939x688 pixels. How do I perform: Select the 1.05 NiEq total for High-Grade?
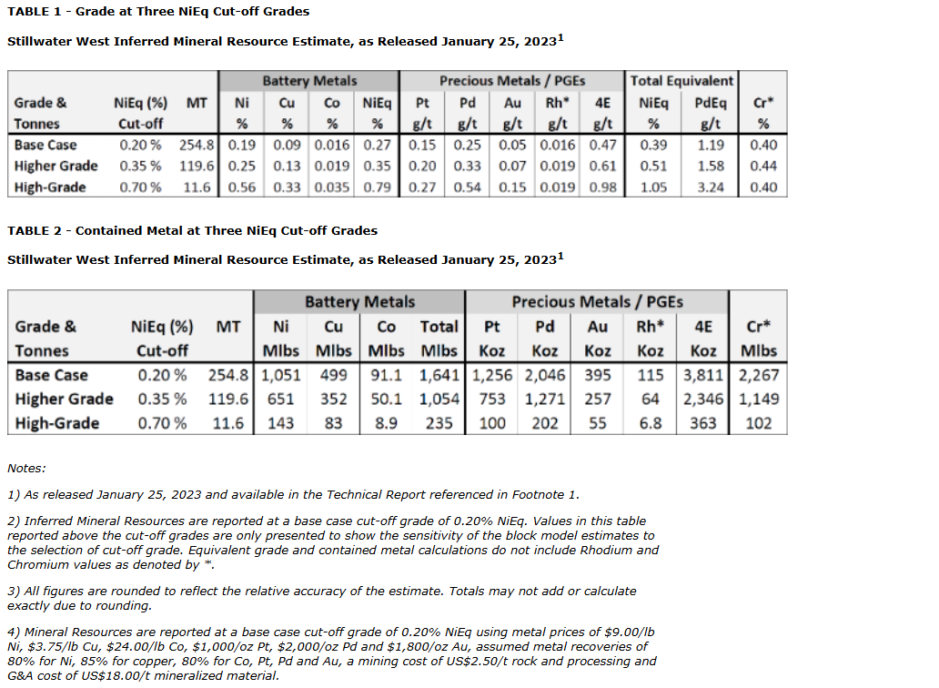pos(654,187)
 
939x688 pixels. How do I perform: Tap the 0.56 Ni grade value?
pos(242,187)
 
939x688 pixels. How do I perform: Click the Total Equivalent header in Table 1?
pos(682,81)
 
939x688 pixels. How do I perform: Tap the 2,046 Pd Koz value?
pos(544,375)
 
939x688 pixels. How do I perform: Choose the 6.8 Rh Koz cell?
pos(651,423)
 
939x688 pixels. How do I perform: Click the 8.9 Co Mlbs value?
pos(386,423)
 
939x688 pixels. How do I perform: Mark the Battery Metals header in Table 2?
pos(359,302)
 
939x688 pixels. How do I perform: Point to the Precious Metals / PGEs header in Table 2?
pos(597,302)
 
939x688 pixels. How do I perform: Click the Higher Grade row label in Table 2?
pos(65,399)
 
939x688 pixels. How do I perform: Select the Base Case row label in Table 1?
pos(45,145)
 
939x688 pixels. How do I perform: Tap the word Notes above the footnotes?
pos(26,469)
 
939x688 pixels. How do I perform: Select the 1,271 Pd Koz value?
pos(544,399)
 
